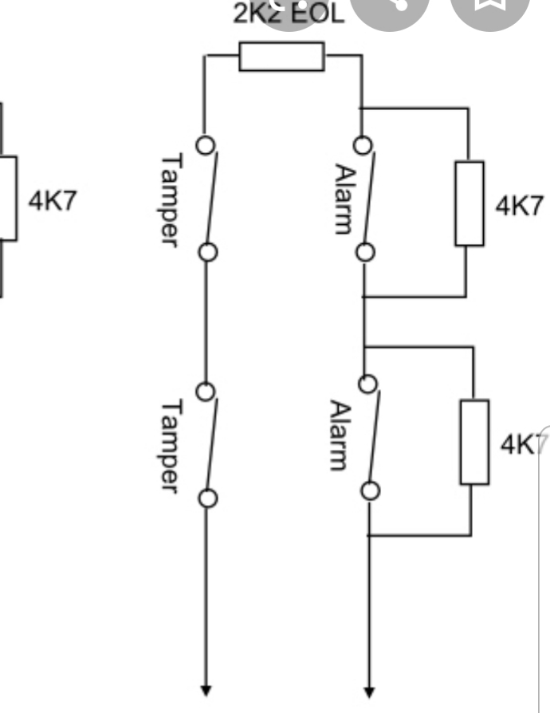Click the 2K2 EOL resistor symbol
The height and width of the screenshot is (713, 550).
point(281,57)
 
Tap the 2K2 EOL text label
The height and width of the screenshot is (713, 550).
point(289,14)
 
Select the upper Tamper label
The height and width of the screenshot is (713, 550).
point(169,199)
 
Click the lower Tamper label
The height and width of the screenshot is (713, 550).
point(169,445)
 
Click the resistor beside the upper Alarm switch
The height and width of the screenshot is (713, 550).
point(469,203)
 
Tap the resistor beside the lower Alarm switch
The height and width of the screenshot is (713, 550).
point(474,443)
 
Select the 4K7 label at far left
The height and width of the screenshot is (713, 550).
point(53,200)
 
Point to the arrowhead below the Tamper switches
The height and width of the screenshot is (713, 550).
point(206,689)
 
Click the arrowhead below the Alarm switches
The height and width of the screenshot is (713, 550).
point(368,689)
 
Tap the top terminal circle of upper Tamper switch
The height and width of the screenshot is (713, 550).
point(206,146)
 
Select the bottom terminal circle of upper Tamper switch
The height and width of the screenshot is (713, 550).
point(207,253)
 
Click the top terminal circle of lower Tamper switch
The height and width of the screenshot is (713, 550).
point(206,392)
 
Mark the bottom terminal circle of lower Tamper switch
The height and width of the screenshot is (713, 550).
point(207,499)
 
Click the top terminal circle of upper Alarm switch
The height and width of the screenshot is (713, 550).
point(364,146)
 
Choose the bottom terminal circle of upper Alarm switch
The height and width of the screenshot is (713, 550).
point(365,253)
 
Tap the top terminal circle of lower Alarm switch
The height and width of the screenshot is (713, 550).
point(367,384)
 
